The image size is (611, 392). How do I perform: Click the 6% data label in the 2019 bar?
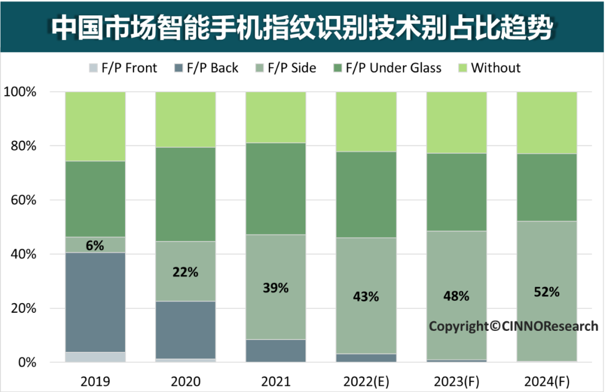[95, 245]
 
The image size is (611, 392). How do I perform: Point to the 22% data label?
[185, 272]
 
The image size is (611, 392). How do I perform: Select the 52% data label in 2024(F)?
[546, 292]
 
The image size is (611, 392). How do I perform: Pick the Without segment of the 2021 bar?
[276, 117]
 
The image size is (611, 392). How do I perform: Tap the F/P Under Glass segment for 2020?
[185, 194]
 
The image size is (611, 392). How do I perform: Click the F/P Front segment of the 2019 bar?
[95, 357]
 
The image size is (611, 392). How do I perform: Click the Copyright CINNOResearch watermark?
[513, 326]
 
